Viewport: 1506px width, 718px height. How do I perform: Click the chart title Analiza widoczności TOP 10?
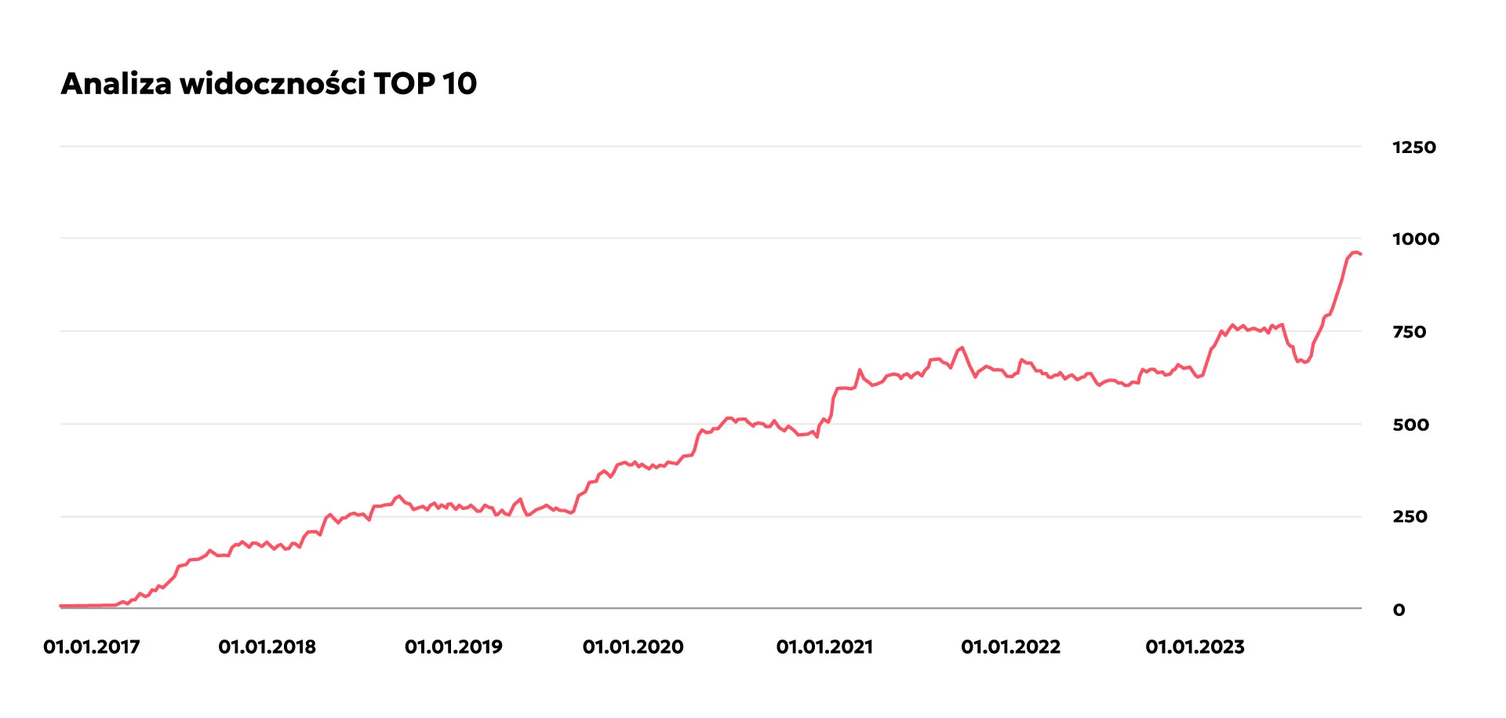click(x=269, y=83)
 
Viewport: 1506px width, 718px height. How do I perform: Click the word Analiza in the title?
click(x=116, y=83)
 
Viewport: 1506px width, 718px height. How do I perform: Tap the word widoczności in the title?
click(x=272, y=83)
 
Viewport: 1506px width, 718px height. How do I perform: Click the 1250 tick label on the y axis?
click(x=1414, y=148)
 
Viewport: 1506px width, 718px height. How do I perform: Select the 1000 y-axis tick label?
click(x=1416, y=239)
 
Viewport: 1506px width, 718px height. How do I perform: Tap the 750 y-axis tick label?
click(x=1410, y=332)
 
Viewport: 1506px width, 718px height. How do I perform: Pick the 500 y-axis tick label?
click(x=1411, y=425)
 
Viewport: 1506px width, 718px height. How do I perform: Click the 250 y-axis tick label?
click(x=1410, y=516)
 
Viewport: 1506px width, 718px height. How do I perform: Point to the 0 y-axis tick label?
click(x=1399, y=610)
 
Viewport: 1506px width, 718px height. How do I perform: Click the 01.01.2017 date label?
click(x=92, y=647)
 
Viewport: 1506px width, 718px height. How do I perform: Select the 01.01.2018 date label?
click(x=267, y=647)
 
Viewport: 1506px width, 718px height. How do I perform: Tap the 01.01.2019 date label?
click(x=453, y=647)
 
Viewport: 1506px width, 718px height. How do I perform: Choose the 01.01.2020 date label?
click(x=633, y=647)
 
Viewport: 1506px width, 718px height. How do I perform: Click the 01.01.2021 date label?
click(x=824, y=647)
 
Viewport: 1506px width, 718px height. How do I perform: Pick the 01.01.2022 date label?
click(x=1010, y=647)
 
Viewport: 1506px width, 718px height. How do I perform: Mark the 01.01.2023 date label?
click(x=1195, y=647)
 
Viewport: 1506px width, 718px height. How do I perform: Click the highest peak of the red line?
click(x=1355, y=252)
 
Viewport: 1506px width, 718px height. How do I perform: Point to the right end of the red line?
click(x=1361, y=254)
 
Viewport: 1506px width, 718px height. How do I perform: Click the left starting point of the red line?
click(x=61, y=606)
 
